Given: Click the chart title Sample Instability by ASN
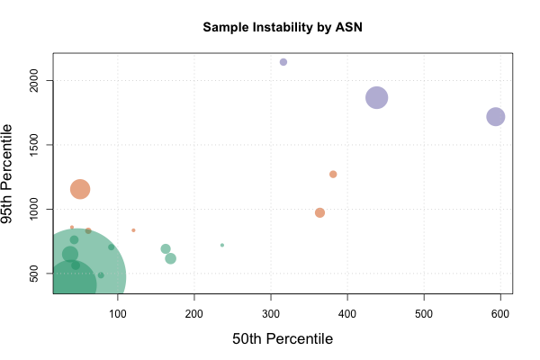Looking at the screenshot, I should (283, 27).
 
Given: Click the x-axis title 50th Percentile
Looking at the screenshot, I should (283, 339).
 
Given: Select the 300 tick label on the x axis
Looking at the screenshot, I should (271, 312).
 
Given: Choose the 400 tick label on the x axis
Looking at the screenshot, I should (347, 312).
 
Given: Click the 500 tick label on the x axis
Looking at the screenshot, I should (424, 312).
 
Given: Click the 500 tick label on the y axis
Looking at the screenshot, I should (35, 273).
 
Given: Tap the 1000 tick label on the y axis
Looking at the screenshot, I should (35, 209).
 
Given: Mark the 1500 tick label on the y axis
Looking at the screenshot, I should (35, 145).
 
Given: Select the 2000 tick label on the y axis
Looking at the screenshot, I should (35, 81).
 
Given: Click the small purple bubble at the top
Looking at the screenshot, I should (283, 62).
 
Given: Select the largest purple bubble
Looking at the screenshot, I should (377, 97).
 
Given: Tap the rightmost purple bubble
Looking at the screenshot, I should (496, 116).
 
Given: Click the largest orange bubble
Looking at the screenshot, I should (80, 189).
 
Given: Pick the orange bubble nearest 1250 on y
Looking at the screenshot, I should (333, 174).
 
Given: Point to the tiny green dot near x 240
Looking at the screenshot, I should (222, 245).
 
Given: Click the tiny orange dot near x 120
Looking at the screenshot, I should (133, 230).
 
